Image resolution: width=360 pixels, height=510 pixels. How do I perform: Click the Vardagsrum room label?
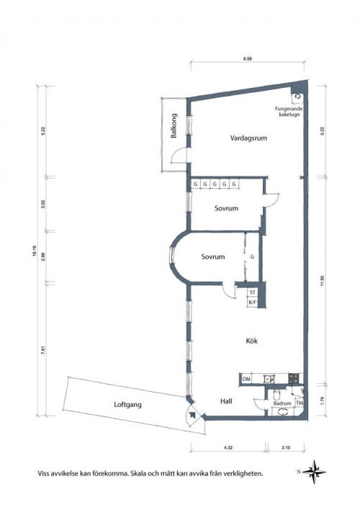coord(248,138)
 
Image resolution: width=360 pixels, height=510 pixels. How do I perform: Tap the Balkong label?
coord(174,125)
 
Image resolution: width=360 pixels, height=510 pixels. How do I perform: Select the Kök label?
coord(252,341)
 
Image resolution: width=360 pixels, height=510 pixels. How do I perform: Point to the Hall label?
coord(226,401)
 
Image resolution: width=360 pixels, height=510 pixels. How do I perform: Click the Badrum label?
coord(282,403)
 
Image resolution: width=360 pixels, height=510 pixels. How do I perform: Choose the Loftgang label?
coord(128,405)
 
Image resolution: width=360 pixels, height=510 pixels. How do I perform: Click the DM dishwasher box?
coord(246,379)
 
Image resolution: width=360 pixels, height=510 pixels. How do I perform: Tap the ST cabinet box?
coord(252,292)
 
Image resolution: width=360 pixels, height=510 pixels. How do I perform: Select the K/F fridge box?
coord(252,303)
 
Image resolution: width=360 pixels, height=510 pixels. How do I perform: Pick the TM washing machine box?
coord(300,403)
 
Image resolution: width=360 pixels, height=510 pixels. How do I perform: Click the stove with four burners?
coord(294,378)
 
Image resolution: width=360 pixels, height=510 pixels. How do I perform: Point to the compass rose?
coord(314,471)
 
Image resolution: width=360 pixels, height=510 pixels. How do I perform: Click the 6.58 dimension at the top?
coord(248,59)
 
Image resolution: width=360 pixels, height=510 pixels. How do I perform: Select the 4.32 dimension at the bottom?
coord(228,447)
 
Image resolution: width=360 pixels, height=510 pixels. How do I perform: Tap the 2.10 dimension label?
coord(286,447)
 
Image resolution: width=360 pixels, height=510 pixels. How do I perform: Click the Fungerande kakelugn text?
coord(289,112)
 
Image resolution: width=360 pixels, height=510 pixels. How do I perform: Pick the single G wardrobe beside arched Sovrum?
coord(252,257)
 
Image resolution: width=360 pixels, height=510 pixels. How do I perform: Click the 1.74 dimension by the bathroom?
coord(322,400)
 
